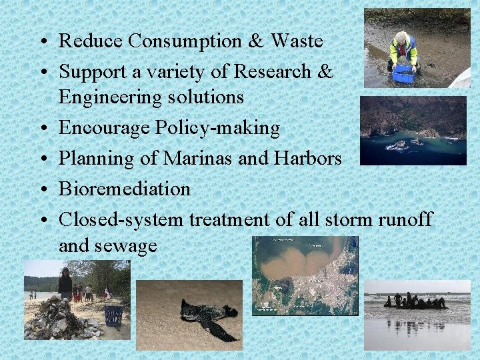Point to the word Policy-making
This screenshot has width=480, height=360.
[223, 127]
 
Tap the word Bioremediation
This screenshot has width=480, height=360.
[125, 189]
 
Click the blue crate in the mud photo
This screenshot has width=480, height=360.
[403, 74]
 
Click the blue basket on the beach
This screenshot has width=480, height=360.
[113, 315]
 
